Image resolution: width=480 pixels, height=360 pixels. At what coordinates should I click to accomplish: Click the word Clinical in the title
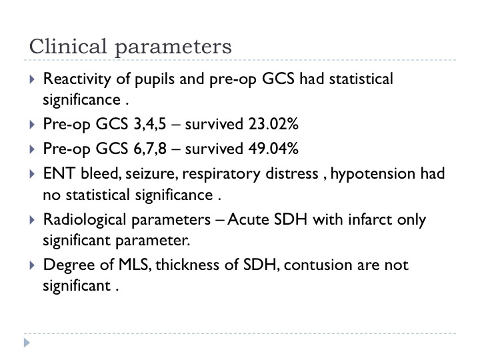coord(68,46)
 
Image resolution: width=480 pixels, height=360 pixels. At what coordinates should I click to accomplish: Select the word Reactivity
coord(77,79)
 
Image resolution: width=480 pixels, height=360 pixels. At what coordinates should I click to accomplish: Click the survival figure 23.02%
coord(273,124)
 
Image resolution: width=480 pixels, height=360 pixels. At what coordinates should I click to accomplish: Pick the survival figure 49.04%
coord(273,149)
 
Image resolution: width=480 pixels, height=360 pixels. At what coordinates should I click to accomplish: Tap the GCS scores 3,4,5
coord(150,125)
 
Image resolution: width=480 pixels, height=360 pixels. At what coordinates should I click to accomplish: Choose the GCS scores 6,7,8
coord(150,149)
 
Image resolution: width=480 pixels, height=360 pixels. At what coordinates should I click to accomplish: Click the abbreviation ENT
coord(59,173)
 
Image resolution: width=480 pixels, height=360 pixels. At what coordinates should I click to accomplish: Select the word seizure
coord(152,174)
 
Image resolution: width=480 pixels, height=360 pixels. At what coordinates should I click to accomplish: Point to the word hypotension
coord(373,174)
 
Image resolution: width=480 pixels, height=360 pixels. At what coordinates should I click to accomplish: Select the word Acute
coord(248,219)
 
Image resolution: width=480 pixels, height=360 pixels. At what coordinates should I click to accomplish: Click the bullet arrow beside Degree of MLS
coord(32,265)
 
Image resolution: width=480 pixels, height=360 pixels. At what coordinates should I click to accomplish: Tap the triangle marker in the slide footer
coord(27,343)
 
